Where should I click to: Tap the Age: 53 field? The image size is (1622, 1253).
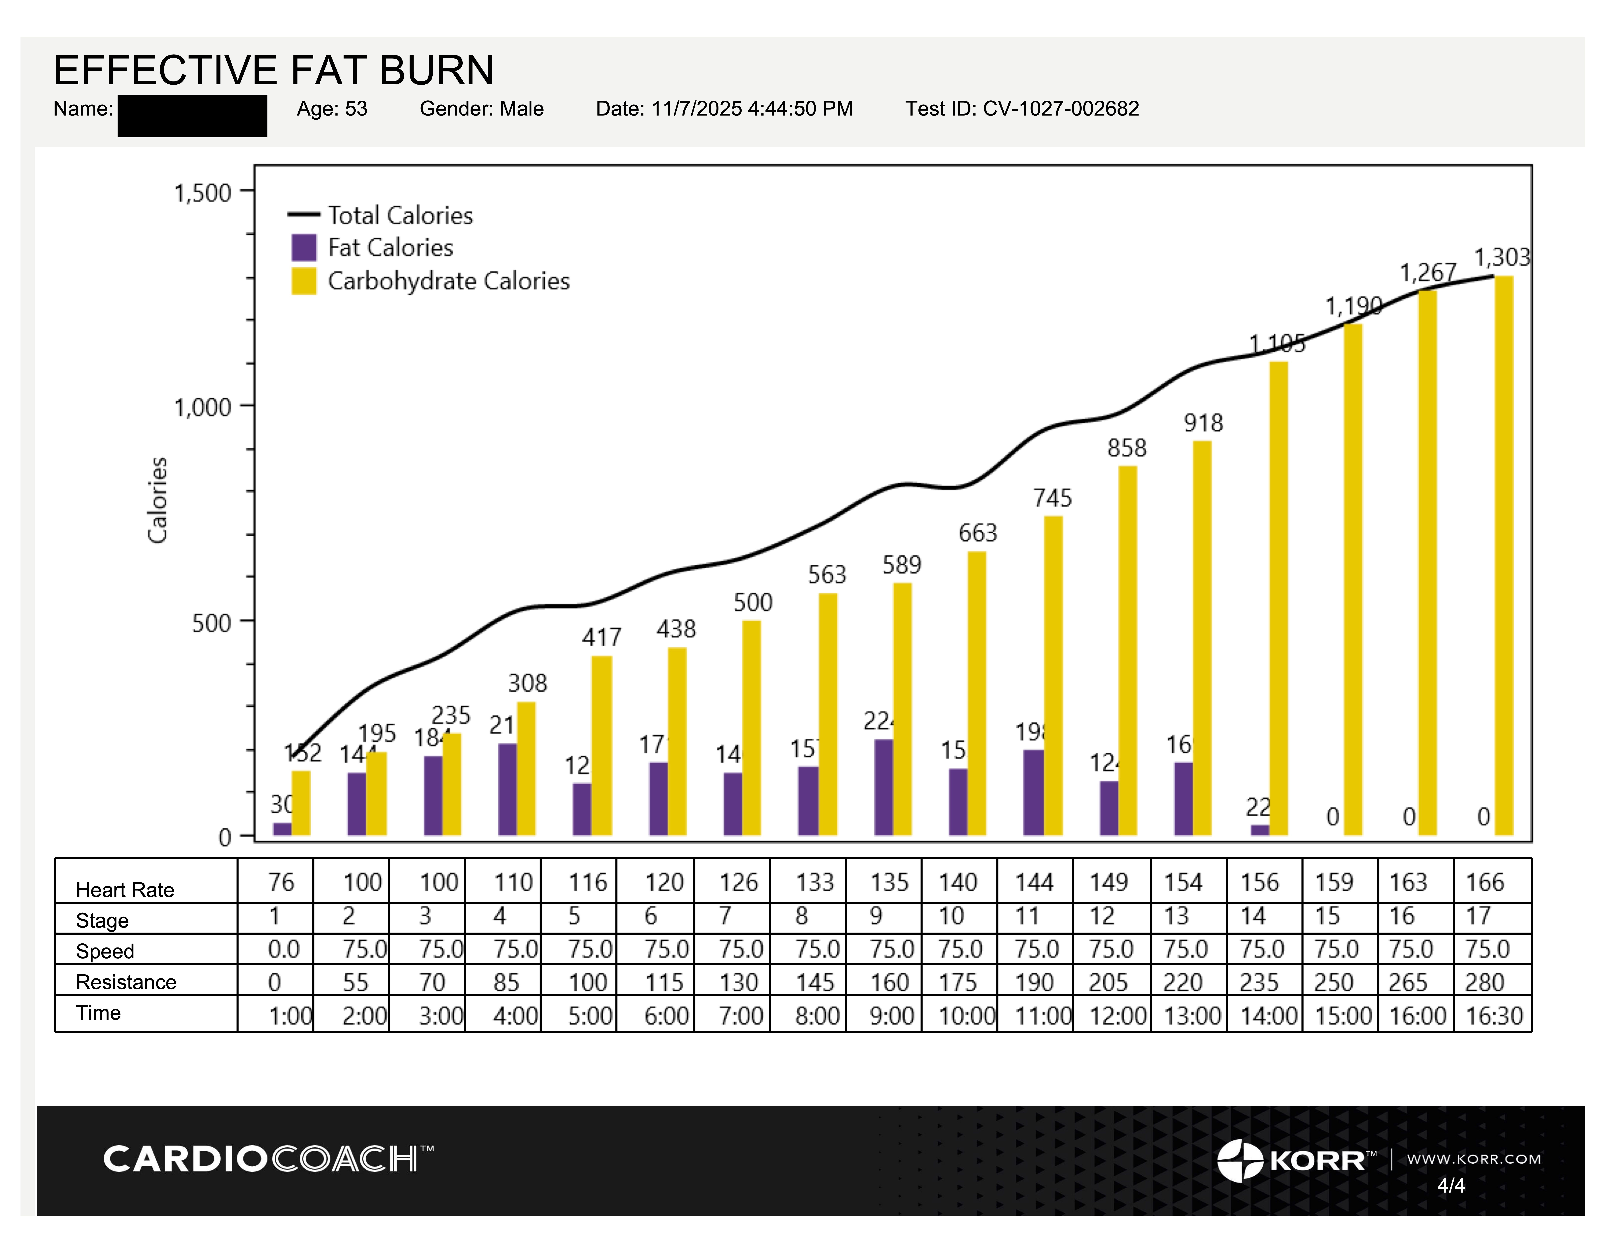pyautogui.click(x=332, y=109)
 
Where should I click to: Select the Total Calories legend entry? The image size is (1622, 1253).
pyautogui.click(x=400, y=215)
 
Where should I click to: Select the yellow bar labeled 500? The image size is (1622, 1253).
pyautogui.click(x=752, y=727)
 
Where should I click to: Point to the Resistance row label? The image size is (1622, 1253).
pyautogui.click(x=126, y=982)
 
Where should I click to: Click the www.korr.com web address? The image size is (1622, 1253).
pyautogui.click(x=1473, y=1159)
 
